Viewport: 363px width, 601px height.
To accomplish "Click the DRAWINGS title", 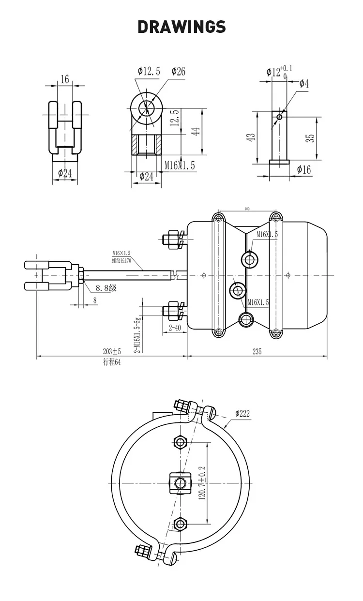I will [181, 27].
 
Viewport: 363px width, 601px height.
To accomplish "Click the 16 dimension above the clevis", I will [65, 79].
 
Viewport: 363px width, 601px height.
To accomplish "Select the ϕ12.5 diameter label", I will [145, 72].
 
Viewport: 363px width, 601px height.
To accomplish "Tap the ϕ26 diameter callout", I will [178, 72].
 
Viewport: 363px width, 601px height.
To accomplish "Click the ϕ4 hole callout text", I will [304, 84].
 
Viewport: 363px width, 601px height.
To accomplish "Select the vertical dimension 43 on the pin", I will [251, 137].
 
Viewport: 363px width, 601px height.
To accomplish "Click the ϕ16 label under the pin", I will [304, 169].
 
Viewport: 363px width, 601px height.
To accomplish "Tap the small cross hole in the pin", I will [279, 117].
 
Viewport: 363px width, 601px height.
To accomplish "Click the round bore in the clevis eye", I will [146, 108].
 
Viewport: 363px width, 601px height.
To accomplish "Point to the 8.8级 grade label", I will [106, 288].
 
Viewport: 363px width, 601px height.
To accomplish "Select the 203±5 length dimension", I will [112, 352].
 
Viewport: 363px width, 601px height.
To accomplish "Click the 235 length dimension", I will [257, 352].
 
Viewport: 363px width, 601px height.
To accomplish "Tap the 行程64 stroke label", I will [111, 363].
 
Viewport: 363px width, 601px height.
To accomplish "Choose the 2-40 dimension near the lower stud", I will [175, 328].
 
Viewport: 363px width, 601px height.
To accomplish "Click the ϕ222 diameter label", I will [242, 413].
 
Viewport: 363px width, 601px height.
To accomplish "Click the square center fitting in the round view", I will [180, 482].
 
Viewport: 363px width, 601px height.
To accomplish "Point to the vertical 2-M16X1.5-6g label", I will [137, 334].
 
